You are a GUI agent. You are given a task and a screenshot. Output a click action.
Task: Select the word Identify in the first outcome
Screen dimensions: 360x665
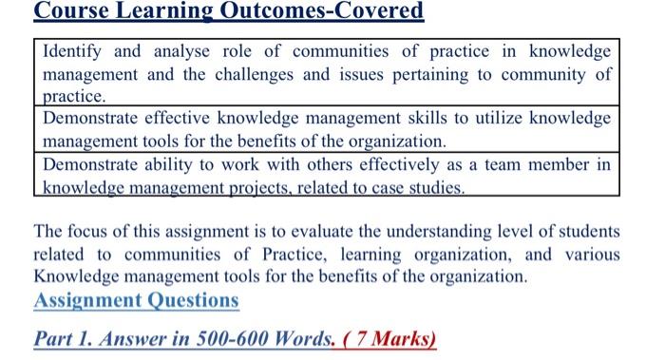pyautogui.click(x=77, y=50)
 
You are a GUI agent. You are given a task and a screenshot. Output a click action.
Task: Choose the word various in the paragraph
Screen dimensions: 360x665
pyautogui.click(x=591, y=255)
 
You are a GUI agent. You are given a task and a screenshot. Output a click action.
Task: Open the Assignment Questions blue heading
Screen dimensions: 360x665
pyautogui.click(x=136, y=300)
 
